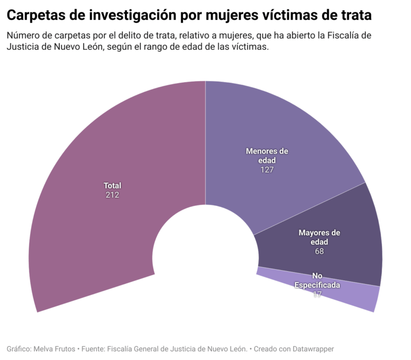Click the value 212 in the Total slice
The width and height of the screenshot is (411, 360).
pyautogui.click(x=112, y=195)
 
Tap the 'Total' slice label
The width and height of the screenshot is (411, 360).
pyautogui.click(x=112, y=185)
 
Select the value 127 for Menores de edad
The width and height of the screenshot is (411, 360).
pyautogui.click(x=267, y=169)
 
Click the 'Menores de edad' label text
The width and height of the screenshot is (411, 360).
pyautogui.click(x=267, y=156)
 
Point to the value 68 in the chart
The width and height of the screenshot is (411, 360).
pyautogui.click(x=320, y=251)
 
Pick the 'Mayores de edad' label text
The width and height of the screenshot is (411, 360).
pyautogui.click(x=320, y=237)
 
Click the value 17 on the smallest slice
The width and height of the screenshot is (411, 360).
pyautogui.click(x=317, y=294)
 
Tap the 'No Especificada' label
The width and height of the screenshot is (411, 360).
pyautogui.click(x=317, y=280)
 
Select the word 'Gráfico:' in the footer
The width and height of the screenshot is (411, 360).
pyautogui.click(x=19, y=349)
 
